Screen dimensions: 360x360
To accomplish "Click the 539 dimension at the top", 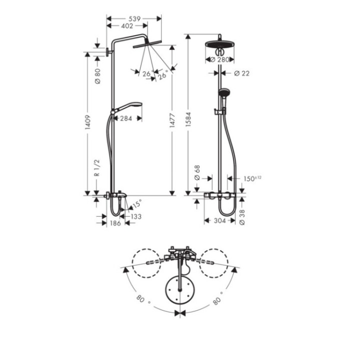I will [134, 18].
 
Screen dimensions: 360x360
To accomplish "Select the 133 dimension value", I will [135, 216].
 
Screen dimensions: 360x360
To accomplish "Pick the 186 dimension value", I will [115, 223].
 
